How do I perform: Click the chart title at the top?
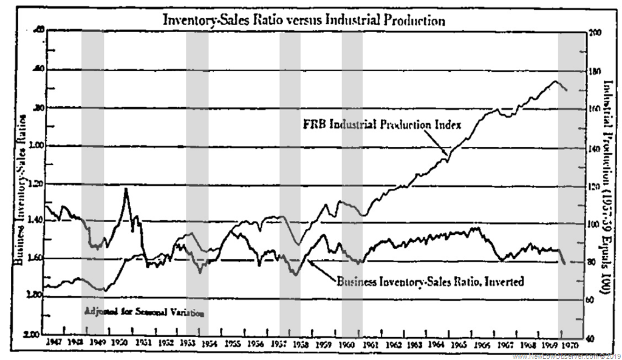click(303, 19)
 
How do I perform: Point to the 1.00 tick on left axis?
click(33, 146)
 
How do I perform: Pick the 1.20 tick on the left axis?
click(33, 184)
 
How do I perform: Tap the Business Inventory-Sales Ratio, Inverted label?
click(429, 282)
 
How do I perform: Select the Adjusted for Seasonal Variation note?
click(144, 313)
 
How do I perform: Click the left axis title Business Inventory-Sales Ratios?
click(18, 188)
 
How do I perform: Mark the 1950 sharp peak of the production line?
click(126, 189)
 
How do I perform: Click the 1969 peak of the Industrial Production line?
click(555, 81)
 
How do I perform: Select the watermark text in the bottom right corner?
click(567, 355)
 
